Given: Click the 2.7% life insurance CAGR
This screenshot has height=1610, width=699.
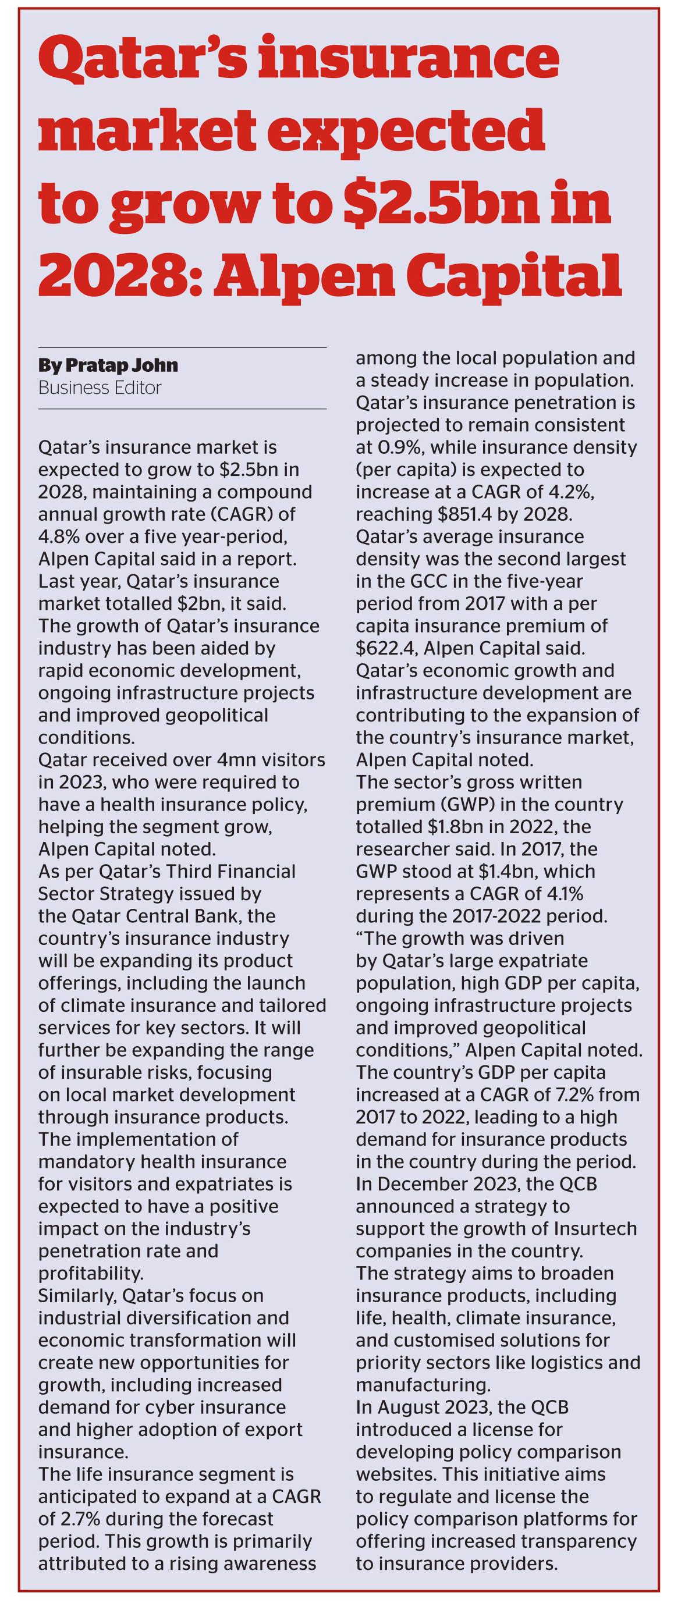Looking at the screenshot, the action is pyautogui.click(x=79, y=1519).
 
